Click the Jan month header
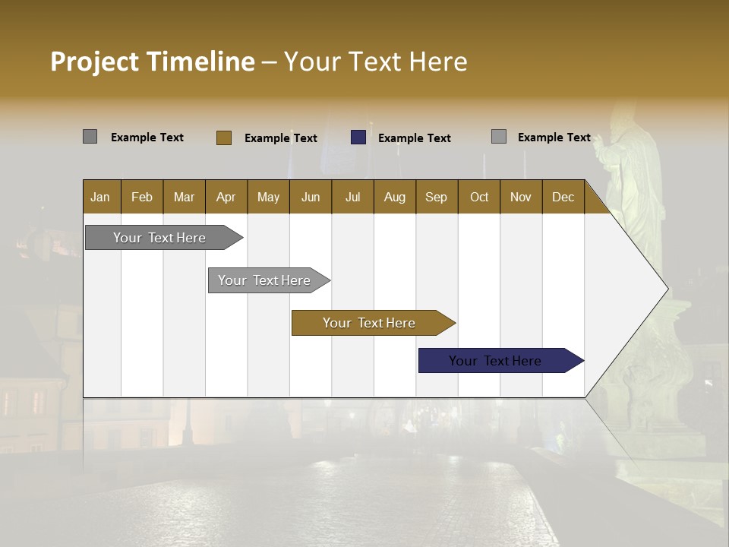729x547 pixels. click(x=101, y=197)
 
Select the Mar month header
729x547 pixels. click(x=184, y=197)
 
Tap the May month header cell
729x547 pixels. click(x=268, y=197)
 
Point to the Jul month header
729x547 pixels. click(x=352, y=197)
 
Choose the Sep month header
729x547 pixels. click(x=436, y=197)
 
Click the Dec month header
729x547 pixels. click(x=563, y=197)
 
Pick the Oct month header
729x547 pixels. click(x=478, y=197)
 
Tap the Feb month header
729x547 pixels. click(x=142, y=197)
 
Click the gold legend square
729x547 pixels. click(x=223, y=138)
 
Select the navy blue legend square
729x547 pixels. click(x=358, y=138)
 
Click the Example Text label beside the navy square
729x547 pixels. click(x=414, y=138)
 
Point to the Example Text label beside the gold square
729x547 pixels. click(x=280, y=138)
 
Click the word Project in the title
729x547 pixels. click(x=95, y=62)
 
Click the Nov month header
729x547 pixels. click(x=520, y=197)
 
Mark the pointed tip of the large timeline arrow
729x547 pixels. click(x=667, y=288)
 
